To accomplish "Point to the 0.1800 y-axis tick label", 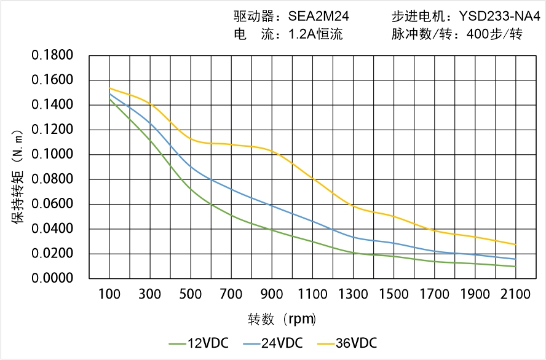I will point(52,56).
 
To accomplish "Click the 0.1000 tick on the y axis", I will point(52,155).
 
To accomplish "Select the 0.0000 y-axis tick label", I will point(52,278).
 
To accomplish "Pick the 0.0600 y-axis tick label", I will point(52,204).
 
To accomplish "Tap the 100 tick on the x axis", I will point(110,294).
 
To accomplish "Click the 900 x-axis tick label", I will point(272,294).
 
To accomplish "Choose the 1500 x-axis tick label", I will point(394,294).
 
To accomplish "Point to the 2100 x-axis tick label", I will point(515,294).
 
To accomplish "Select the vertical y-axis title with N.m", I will point(18,176).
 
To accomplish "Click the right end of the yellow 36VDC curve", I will point(515,245).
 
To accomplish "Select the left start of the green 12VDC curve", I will point(110,99).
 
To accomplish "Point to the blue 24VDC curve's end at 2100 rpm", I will point(515,259).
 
